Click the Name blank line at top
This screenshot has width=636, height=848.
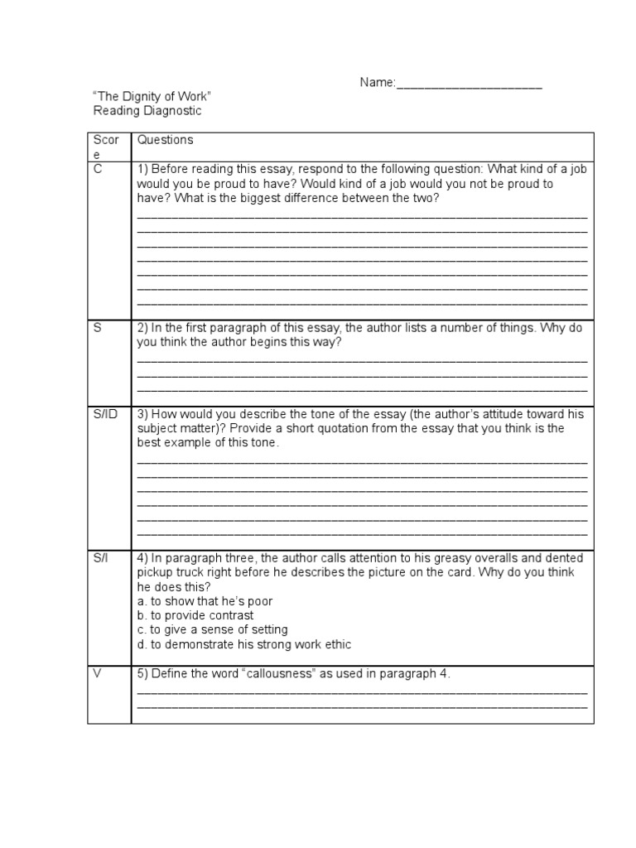[469, 84]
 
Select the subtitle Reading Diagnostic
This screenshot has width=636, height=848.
[147, 111]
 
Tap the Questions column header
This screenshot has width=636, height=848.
[165, 141]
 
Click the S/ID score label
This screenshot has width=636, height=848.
[106, 413]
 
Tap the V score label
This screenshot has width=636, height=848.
[98, 674]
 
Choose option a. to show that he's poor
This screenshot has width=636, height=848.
[205, 601]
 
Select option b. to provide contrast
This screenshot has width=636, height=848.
[195, 616]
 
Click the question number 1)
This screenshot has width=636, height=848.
[142, 169]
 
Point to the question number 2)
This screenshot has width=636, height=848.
[142, 328]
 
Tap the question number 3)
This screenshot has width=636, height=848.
[142, 413]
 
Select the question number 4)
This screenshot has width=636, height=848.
[142, 559]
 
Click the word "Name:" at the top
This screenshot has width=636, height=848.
[378, 84]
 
